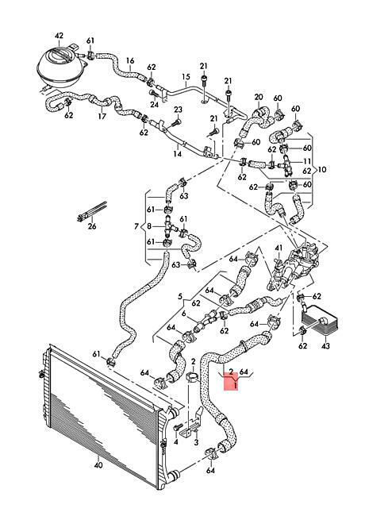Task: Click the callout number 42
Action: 59,36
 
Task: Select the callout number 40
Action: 98,465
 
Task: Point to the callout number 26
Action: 92,226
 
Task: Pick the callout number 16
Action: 130,60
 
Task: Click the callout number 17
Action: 102,116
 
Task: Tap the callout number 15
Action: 186,77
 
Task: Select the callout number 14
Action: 177,153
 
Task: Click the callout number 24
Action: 155,104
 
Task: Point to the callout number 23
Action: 178,110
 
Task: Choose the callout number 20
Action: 259,97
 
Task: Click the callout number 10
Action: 322,169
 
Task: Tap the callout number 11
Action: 307,161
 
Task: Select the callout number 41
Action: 279,247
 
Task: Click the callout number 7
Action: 136,226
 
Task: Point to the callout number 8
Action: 149,226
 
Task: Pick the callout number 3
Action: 196,443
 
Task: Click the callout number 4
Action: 175,442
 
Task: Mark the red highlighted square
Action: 231,383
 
